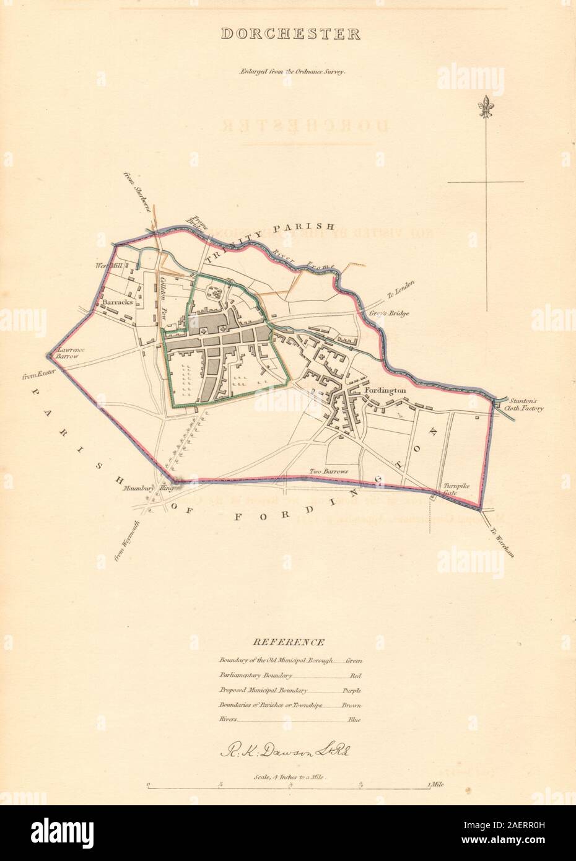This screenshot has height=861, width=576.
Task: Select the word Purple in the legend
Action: click(x=351, y=690)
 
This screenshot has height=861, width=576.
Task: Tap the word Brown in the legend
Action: click(x=351, y=705)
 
